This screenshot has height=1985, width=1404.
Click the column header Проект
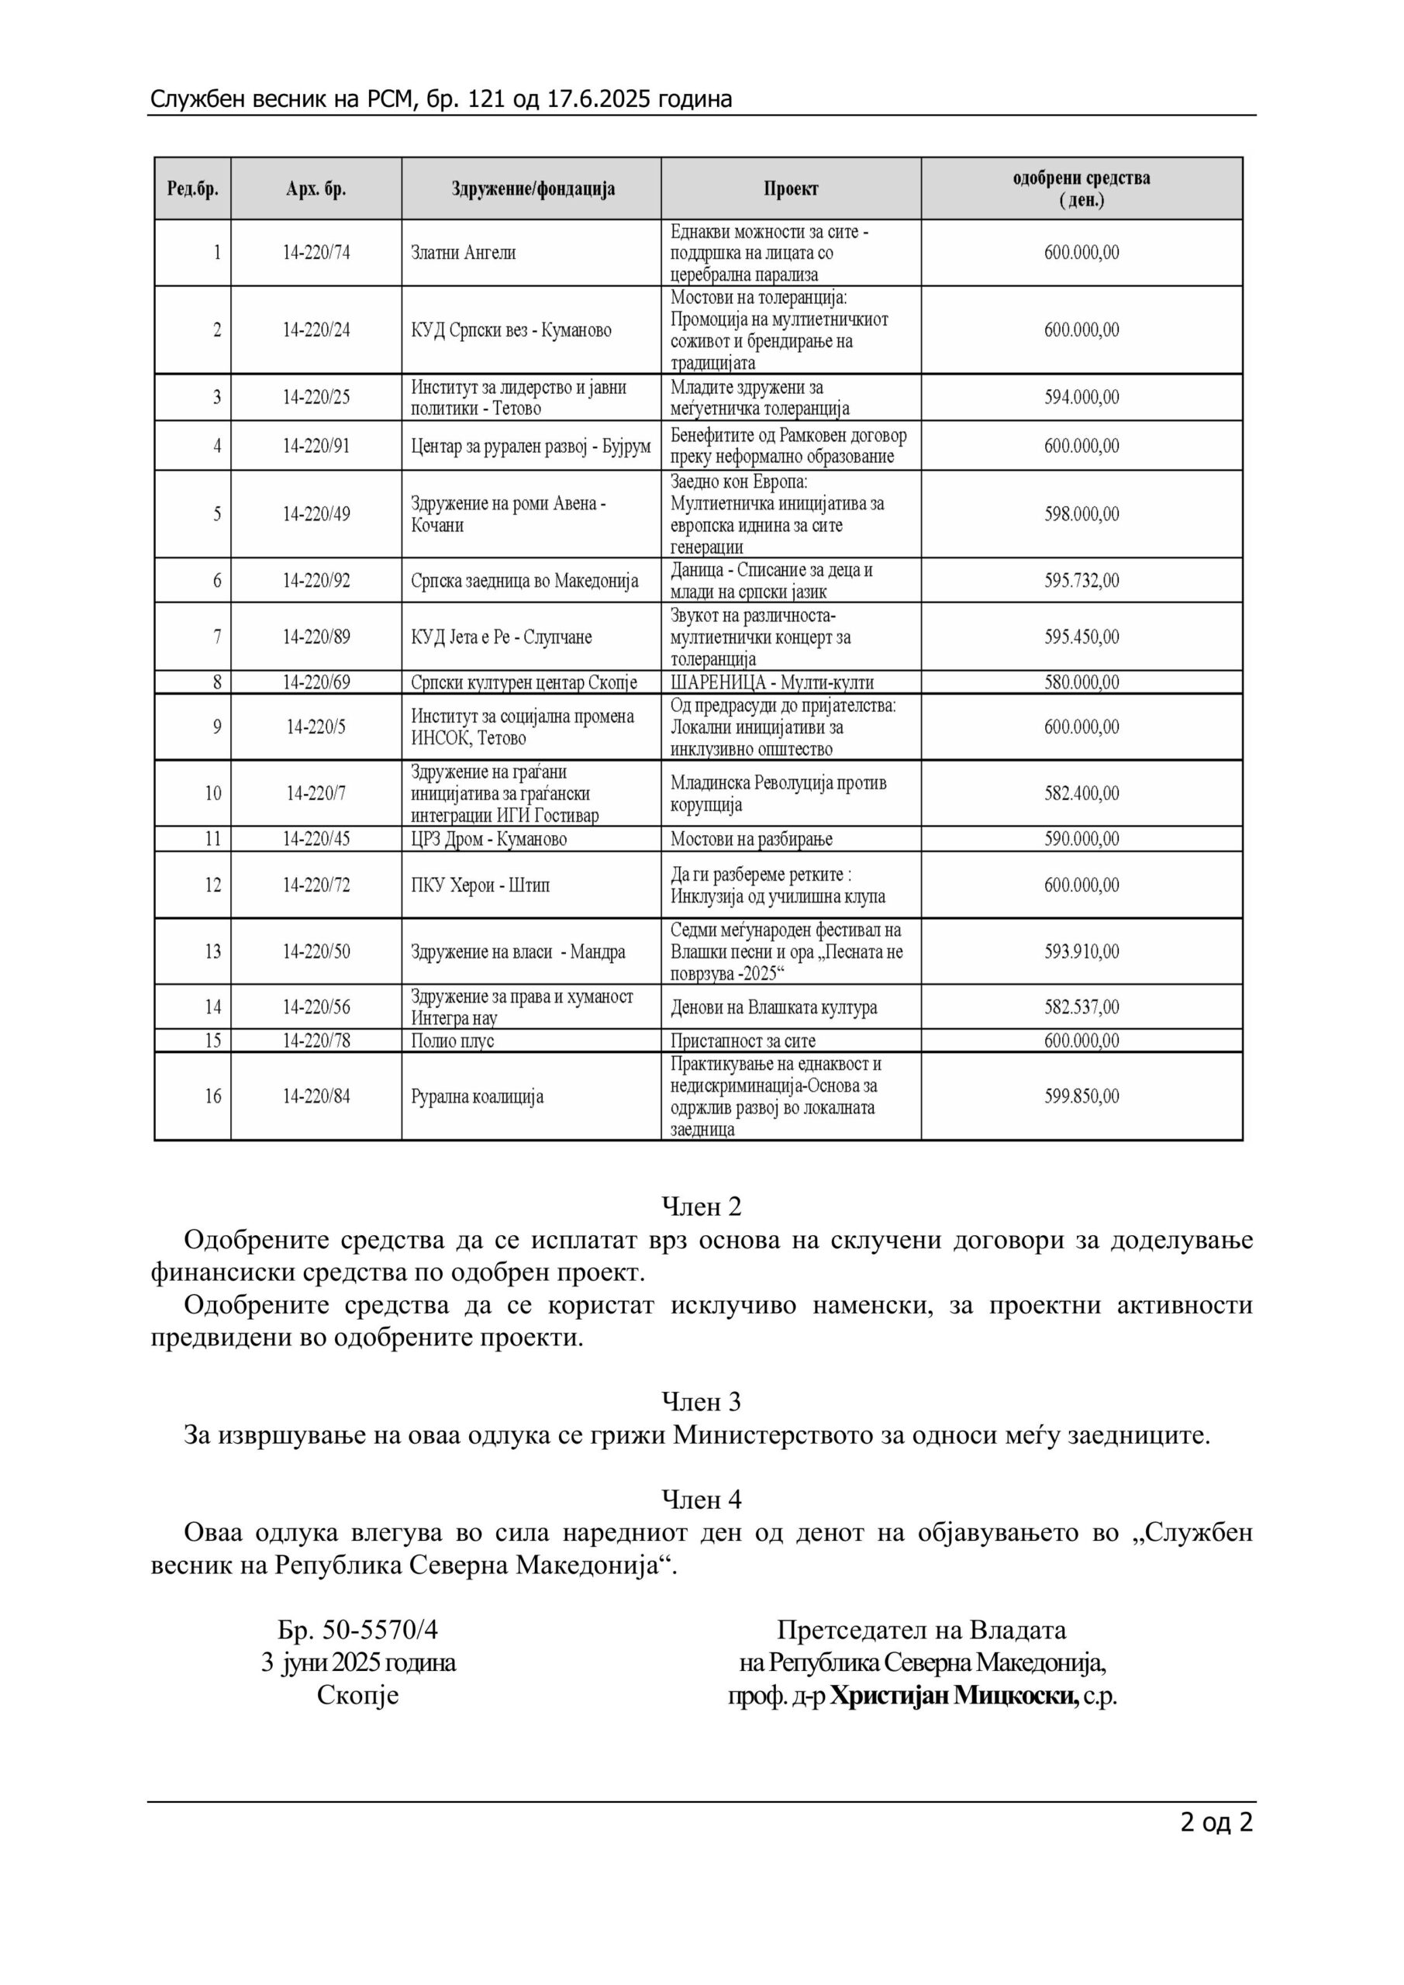[790, 188]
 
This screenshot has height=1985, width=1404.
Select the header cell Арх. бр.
[316, 188]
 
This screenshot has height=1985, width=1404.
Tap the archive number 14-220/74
[316, 253]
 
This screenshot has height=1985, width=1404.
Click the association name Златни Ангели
[464, 253]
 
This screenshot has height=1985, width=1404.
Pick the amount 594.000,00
[1081, 397]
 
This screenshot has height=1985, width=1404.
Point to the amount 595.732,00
[1081, 580]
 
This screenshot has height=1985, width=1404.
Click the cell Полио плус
[452, 1040]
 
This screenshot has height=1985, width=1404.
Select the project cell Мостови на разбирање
[751, 839]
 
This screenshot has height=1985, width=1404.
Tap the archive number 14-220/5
[316, 727]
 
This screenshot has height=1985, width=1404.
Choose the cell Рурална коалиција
[478, 1096]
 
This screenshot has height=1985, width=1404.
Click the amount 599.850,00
[1081, 1096]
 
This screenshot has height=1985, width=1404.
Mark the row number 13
[212, 951]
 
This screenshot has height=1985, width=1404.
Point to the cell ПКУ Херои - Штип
[480, 885]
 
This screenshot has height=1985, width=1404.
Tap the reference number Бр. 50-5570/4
[358, 1630]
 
